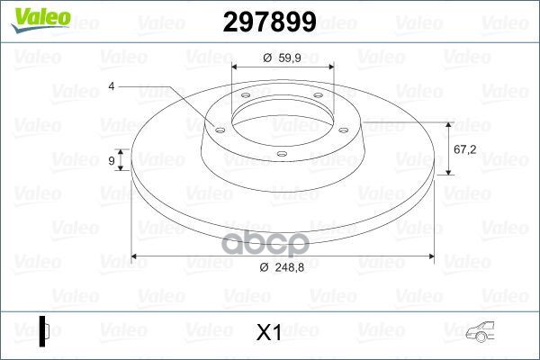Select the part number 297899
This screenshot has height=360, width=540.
267,22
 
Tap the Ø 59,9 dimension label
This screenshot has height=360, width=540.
283,58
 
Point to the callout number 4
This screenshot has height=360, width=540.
112,86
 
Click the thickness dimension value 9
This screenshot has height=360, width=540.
111,161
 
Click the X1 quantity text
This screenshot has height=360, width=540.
269,332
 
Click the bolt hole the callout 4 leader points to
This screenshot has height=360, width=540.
218,128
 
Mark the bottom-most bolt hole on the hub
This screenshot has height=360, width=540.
282,155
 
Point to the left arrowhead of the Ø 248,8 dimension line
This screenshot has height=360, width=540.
136,256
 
